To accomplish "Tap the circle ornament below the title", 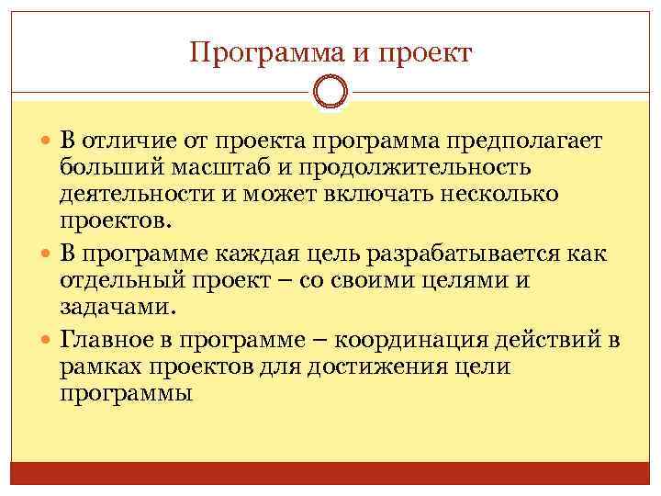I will pyautogui.click(x=330, y=92).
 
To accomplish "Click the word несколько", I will pyautogui.click(x=509, y=196).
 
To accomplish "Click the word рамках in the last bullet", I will pyautogui.click(x=104, y=367).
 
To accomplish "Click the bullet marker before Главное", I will pyautogui.click(x=48, y=342).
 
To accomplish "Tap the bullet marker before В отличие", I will pyautogui.click(x=48, y=143).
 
